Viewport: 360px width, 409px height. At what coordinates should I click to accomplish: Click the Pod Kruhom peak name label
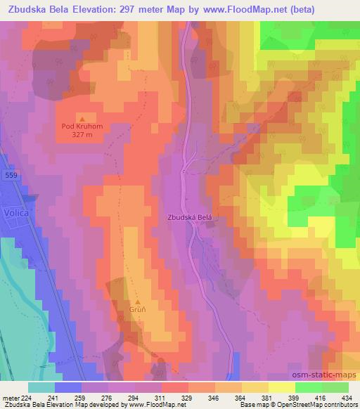click(82, 127)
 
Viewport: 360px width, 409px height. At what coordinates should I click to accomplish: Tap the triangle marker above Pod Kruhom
click(82, 118)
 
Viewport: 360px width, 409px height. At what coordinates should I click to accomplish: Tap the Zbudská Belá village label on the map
click(189, 218)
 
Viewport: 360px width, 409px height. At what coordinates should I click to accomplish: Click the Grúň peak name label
click(139, 311)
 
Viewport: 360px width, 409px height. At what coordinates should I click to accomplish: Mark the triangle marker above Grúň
click(139, 301)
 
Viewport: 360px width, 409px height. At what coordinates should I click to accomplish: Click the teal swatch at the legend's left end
click(41, 387)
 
